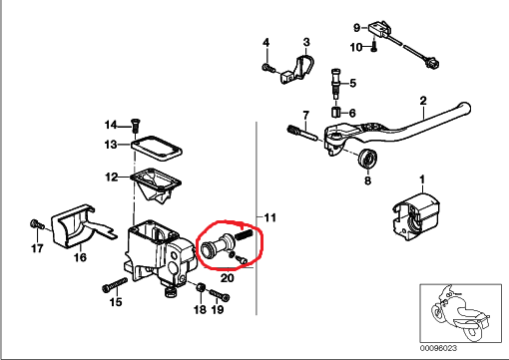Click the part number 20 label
[x=228, y=277]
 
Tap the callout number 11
[x=269, y=217]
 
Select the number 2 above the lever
[x=423, y=100]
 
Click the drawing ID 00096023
[x=438, y=348]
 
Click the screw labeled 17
[x=36, y=224]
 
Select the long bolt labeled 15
[x=115, y=284]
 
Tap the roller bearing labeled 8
[x=367, y=160]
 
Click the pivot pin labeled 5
[x=336, y=83]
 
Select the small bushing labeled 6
[x=335, y=113]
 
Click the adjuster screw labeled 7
[x=303, y=133]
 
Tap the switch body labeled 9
[x=379, y=28]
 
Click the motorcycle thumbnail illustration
[x=461, y=313]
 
